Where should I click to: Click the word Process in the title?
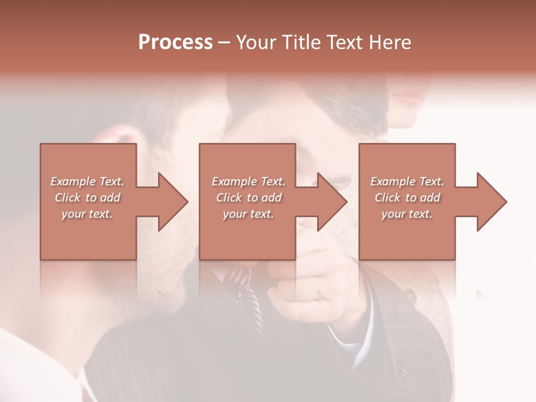175,42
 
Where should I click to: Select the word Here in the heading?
389,42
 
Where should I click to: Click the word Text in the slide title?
344,42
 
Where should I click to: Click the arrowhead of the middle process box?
332,202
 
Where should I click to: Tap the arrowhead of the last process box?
491,202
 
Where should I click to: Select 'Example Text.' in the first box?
88,181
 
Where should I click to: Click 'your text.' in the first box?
87,213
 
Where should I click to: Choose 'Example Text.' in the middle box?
248,181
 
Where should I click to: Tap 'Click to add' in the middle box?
248,197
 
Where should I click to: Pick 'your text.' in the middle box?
248,213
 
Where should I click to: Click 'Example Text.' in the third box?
407,181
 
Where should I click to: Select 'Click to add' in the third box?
407,197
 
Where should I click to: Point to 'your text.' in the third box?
406,213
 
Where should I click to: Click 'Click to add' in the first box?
88,197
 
